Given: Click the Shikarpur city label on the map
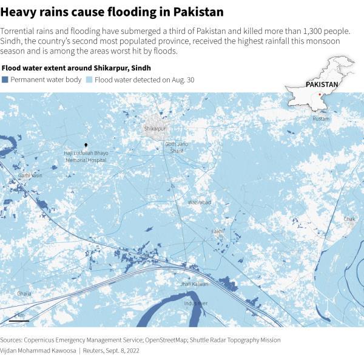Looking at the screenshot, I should point(155,129).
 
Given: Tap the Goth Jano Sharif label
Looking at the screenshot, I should point(177,147).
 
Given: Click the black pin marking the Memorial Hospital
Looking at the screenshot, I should point(86,146).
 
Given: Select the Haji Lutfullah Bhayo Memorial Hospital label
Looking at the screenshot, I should point(86,156).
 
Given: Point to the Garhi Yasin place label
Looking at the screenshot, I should point(30,175).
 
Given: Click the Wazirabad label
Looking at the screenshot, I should point(199,202).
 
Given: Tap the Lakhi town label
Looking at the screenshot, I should point(217,231).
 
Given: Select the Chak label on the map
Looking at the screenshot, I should point(349,219).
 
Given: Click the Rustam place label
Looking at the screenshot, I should point(321,119).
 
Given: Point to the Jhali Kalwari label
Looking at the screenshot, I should point(194,284).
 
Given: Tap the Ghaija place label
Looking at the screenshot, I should point(24,293).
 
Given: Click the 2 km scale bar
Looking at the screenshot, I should point(19,316).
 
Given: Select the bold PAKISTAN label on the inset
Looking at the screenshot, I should point(322,84).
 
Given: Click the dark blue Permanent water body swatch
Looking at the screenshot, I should point(5,80).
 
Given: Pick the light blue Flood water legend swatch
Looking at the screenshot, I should point(89,80).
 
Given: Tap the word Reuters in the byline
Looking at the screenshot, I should point(97,351).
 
